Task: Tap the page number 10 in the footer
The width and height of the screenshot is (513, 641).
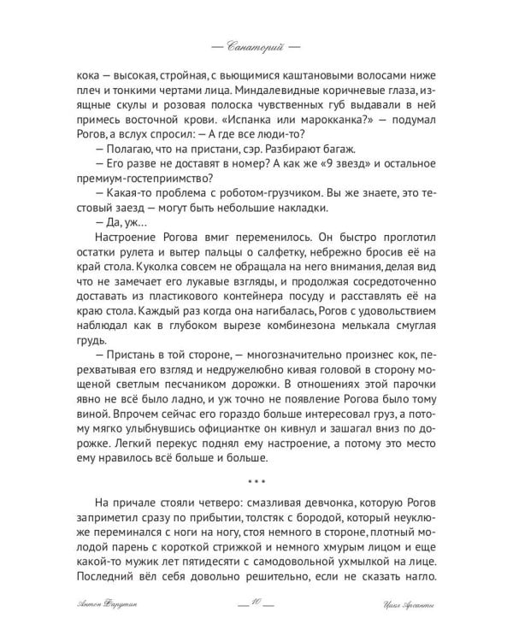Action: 256,605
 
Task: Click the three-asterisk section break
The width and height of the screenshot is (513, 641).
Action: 256,480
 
